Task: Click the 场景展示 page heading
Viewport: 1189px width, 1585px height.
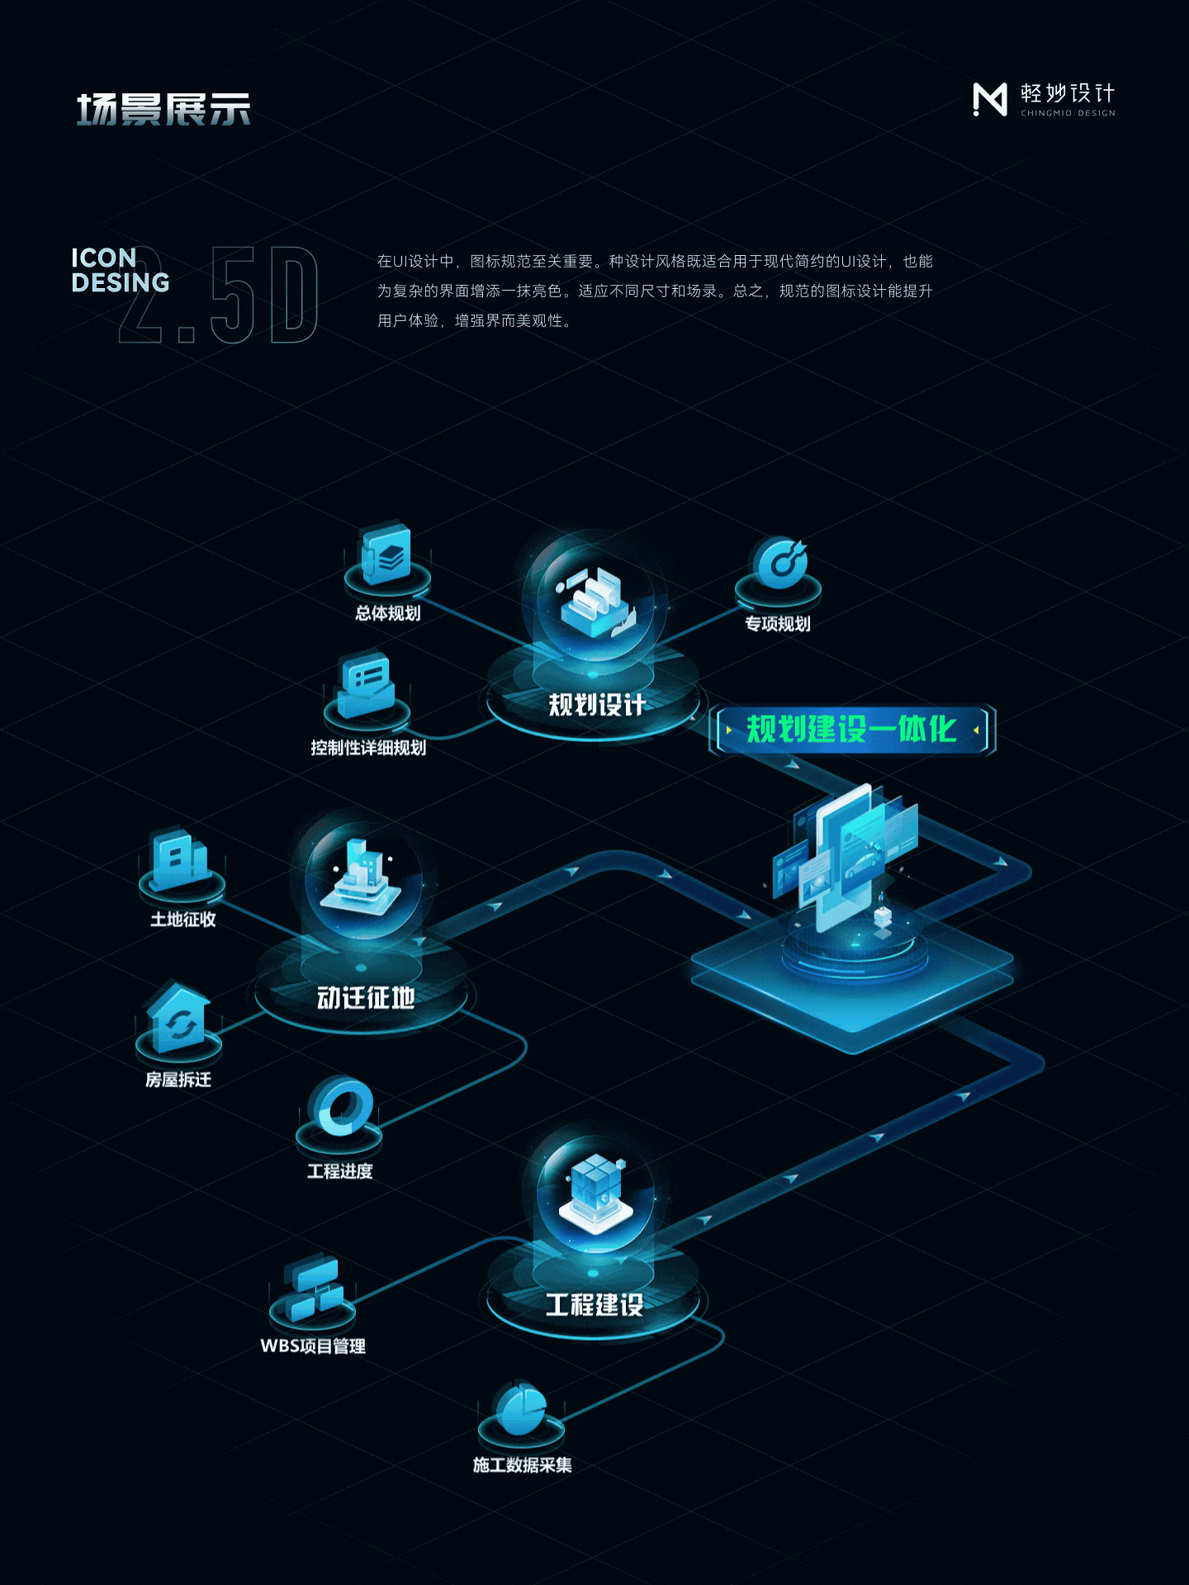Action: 163,109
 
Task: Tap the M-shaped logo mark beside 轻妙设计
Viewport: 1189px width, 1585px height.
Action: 990,100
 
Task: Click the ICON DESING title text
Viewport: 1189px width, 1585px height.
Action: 120,270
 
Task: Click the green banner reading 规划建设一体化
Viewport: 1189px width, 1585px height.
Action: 851,730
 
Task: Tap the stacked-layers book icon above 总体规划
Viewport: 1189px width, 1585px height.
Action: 386,556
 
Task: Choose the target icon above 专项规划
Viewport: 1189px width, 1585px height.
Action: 779,564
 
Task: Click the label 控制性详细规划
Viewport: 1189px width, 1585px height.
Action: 368,748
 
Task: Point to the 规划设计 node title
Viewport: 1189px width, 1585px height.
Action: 596,705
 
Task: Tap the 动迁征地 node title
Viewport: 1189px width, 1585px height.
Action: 366,998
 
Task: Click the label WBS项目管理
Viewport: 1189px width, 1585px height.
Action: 313,1346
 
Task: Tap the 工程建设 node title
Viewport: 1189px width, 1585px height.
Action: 594,1305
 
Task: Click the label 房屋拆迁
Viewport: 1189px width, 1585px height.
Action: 178,1080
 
